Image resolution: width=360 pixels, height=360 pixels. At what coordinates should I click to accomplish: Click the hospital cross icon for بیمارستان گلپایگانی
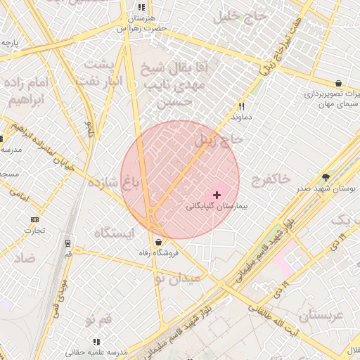(x=217, y=194)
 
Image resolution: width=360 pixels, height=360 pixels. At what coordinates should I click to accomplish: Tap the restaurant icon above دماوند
(x=241, y=107)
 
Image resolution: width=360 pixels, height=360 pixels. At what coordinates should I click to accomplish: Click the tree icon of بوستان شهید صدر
(x=325, y=177)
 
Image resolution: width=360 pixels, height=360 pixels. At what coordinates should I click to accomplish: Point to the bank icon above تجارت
(x=34, y=219)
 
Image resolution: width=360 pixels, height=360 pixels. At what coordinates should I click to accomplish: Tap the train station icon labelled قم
(x=67, y=243)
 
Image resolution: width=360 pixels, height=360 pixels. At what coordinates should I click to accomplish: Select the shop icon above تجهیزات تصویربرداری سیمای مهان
(x=338, y=83)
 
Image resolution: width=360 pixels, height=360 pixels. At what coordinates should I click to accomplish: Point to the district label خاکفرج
(x=269, y=179)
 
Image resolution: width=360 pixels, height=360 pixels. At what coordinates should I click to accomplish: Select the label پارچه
(x=10, y=43)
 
